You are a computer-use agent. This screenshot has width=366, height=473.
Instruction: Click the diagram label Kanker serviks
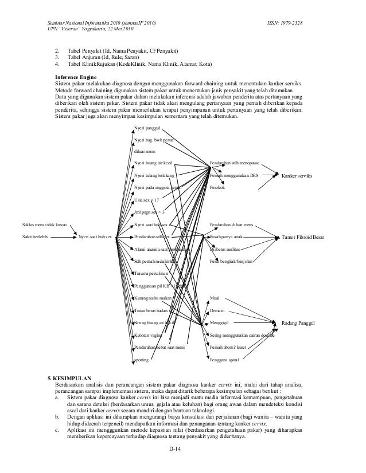[x=297, y=175]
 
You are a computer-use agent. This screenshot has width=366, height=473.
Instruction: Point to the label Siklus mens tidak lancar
[x=44, y=224]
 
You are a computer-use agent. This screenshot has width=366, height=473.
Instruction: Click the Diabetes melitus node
[x=225, y=249]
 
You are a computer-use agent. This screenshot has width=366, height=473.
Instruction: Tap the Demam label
[x=217, y=311]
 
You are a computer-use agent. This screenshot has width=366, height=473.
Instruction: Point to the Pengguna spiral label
[x=224, y=360]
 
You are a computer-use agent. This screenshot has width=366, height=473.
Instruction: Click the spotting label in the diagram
[x=141, y=360]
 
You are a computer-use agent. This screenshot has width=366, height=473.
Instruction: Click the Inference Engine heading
[x=76, y=77]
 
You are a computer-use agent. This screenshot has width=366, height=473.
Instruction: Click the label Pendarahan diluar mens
[x=232, y=224]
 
